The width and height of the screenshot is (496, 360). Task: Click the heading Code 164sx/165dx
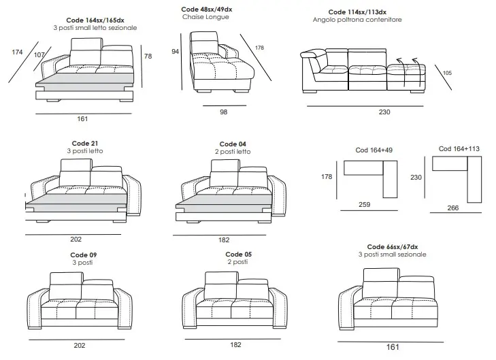click(95, 20)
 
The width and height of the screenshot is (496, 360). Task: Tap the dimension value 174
click(17, 52)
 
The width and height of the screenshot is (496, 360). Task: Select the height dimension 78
click(148, 56)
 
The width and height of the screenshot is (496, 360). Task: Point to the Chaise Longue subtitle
click(205, 17)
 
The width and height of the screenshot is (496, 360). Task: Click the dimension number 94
click(176, 52)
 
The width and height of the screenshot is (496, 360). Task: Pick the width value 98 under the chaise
click(224, 112)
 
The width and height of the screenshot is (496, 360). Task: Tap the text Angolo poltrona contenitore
click(357, 20)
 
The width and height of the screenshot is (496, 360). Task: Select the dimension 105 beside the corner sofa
click(447, 73)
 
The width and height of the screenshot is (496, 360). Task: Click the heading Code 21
click(85, 144)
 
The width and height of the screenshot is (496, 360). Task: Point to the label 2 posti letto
click(233, 152)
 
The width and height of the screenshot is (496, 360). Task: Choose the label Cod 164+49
click(374, 150)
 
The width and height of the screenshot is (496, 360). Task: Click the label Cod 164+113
click(459, 148)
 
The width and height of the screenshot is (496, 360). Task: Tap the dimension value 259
click(365, 205)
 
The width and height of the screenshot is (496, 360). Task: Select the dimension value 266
click(453, 208)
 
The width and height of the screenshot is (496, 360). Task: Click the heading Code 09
click(84, 255)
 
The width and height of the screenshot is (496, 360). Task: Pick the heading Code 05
click(239, 255)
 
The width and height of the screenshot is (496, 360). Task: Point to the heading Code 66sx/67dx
click(393, 247)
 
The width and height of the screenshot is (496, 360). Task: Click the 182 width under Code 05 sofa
click(235, 345)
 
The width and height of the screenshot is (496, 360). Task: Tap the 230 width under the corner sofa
click(384, 112)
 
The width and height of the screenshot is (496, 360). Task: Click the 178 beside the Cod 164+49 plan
click(327, 177)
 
